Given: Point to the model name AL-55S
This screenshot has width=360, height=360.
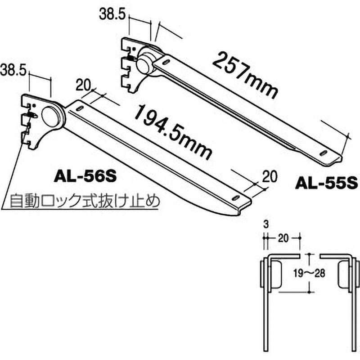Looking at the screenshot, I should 326,183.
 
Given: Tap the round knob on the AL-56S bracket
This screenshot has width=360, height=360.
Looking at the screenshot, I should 51,116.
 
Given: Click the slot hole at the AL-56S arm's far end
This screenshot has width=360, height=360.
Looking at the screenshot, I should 236,198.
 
